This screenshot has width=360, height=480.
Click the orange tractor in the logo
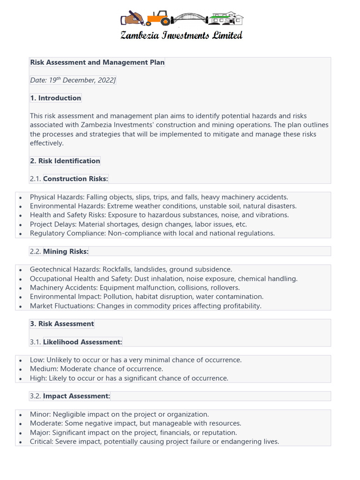158,19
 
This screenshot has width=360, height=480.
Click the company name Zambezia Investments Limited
181,36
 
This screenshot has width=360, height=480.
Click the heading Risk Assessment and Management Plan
97,62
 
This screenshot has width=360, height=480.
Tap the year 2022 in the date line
105,80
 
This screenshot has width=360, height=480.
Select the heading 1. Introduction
55,98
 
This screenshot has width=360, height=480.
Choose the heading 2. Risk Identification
65,161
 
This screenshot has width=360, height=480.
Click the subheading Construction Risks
75,179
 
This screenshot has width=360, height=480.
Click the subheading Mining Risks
66,251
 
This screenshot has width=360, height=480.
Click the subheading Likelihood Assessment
82,342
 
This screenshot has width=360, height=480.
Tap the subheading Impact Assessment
76,396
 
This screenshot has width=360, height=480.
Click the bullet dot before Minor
20,415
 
